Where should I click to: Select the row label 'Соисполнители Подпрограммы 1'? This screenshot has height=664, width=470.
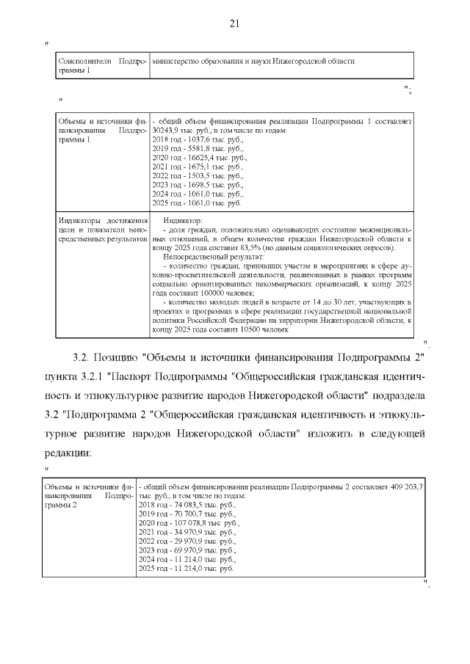point(101,66)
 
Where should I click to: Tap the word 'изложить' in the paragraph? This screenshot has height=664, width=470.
point(330,434)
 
